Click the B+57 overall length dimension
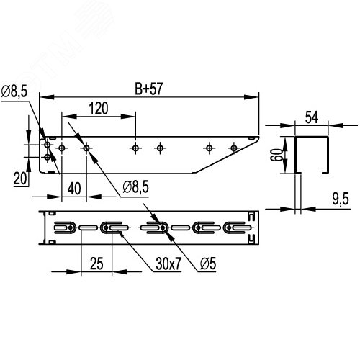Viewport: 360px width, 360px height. [x=149, y=89]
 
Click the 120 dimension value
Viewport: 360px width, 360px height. [x=99, y=109]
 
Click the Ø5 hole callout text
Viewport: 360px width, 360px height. [x=207, y=264]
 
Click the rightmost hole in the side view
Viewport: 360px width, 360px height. [x=233, y=148]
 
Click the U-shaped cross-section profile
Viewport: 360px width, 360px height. [x=312, y=154]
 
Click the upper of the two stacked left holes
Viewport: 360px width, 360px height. [x=47, y=144]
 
